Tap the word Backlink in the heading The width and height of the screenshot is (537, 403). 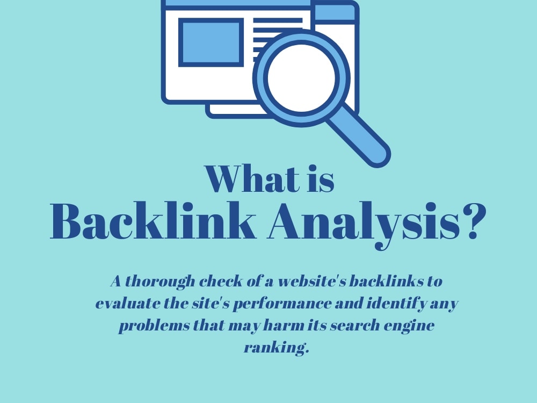[153, 220]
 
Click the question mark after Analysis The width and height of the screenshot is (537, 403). [474, 221]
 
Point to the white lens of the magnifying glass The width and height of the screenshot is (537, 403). [301, 78]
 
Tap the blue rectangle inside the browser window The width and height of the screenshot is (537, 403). [211, 42]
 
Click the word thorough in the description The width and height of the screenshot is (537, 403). [160, 282]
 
